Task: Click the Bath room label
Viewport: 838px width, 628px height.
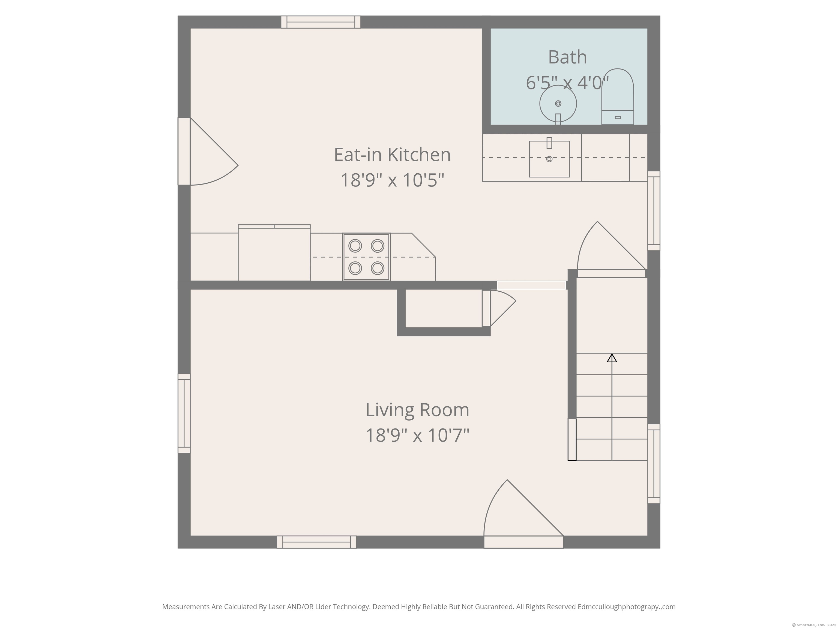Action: coord(567,58)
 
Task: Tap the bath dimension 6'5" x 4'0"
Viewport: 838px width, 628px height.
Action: coord(567,83)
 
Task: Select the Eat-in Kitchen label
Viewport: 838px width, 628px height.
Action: coord(392,155)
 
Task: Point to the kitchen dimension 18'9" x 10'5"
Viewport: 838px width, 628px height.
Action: coord(392,180)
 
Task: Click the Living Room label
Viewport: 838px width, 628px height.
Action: coord(417,410)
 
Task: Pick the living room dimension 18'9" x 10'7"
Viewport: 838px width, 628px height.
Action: coord(417,435)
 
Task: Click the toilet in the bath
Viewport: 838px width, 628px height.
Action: coord(618,96)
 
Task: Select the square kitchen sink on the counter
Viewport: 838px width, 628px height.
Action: coord(549,159)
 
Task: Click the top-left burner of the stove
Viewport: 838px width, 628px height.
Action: coord(355,246)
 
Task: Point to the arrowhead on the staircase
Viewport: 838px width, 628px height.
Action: coord(612,357)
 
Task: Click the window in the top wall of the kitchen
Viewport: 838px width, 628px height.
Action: coord(321,22)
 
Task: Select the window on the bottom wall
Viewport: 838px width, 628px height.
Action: coord(316,542)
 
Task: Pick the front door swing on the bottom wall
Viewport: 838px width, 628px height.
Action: coord(519,515)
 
